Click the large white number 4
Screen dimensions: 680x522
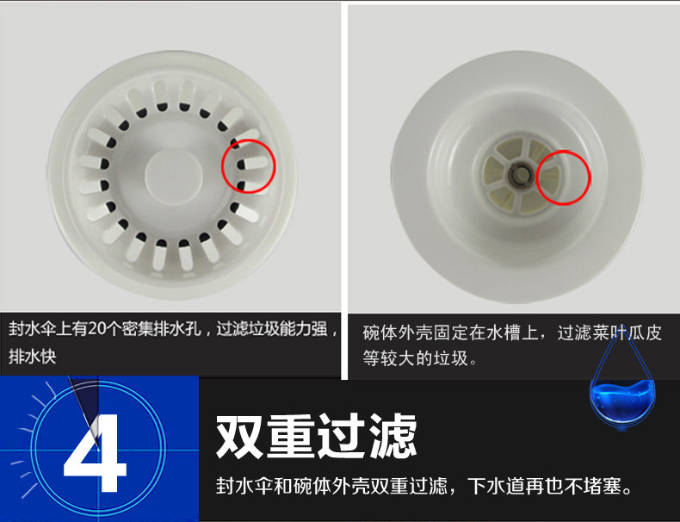95,452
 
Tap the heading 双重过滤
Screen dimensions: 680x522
317,436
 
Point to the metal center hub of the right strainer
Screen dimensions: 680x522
519,175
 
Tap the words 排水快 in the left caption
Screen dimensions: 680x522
33,357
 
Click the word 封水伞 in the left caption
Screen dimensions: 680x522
33,329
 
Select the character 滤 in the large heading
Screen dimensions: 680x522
393,436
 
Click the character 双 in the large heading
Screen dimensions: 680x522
240,436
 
